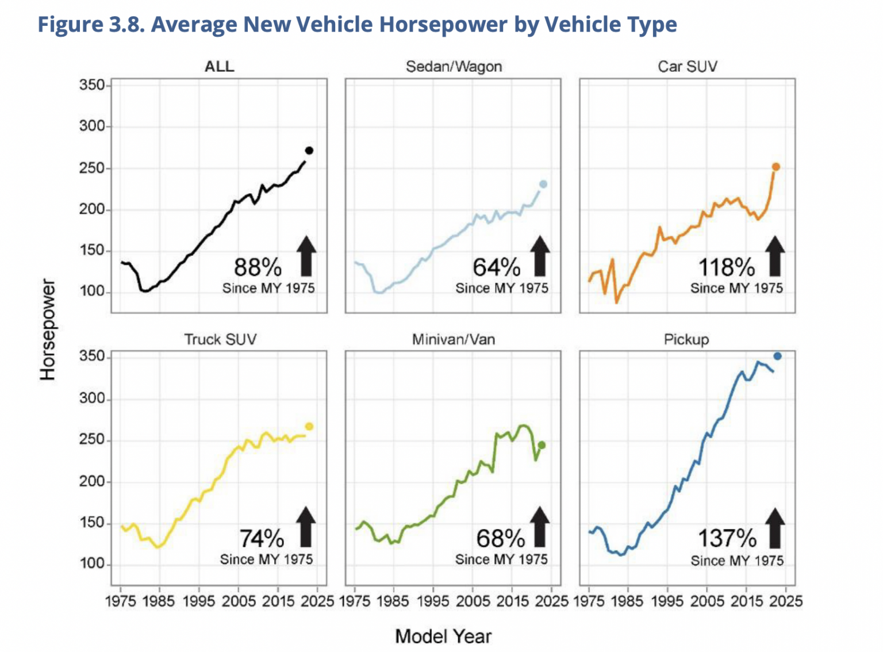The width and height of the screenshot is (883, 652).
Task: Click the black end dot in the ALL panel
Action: pyautogui.click(x=309, y=151)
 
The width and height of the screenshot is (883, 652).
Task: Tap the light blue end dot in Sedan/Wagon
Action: pyautogui.click(x=543, y=185)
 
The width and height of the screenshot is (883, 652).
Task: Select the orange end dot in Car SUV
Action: pyautogui.click(x=775, y=167)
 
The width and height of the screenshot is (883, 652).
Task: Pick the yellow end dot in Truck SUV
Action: pyautogui.click(x=309, y=427)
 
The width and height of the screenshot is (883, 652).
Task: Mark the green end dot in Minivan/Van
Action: pyautogui.click(x=542, y=446)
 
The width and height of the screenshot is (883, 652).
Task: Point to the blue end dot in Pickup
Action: pyautogui.click(x=777, y=356)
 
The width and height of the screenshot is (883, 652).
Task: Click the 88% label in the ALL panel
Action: pyautogui.click(x=258, y=267)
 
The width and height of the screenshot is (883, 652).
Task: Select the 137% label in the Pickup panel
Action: pyautogui.click(x=727, y=539)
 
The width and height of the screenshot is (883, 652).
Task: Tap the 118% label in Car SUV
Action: pyautogui.click(x=727, y=267)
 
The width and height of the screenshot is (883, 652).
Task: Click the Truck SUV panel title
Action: pyautogui.click(x=220, y=339)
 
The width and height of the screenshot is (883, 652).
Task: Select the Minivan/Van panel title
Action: pyautogui.click(x=454, y=339)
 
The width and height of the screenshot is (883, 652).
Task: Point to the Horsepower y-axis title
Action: pyautogui.click(x=48, y=329)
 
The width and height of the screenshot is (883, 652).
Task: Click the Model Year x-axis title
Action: pyautogui.click(x=443, y=636)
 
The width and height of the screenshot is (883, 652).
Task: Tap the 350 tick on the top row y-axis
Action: pyautogui.click(x=92, y=85)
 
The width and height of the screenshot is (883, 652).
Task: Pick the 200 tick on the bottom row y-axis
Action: pyautogui.click(x=92, y=482)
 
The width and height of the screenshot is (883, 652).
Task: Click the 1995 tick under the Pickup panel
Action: pyautogui.click(x=667, y=601)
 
